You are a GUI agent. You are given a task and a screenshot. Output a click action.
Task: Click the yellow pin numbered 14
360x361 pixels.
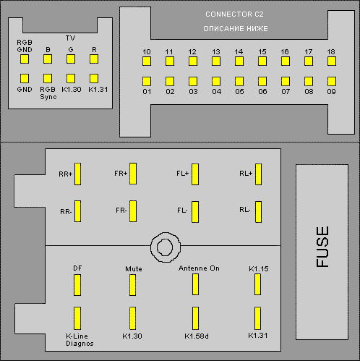point(239,61)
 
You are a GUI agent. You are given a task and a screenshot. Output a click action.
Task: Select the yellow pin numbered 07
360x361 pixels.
point(286,81)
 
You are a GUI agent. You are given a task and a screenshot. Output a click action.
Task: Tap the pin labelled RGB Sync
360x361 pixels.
point(48,78)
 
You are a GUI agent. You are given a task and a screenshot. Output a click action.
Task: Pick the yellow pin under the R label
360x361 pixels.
point(94,59)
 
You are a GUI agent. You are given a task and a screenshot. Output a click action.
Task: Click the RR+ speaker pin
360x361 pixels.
point(77,174)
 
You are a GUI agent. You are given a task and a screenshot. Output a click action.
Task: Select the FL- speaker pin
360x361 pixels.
point(195,212)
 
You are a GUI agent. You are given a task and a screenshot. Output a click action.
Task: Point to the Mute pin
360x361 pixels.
point(132,285)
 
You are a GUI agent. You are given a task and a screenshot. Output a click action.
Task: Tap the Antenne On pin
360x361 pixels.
point(195,284)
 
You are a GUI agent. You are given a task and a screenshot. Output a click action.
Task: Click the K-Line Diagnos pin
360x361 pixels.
point(77,318)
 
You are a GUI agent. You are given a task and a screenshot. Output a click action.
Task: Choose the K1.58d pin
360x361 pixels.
point(195,318)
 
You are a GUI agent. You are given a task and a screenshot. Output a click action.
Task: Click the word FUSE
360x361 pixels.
point(322,247)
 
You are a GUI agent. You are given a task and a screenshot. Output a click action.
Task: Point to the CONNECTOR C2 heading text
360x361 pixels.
point(234,14)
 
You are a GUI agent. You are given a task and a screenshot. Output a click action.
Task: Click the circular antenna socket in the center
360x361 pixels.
point(166,247)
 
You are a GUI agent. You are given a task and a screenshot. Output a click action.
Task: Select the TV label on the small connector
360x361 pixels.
point(70,38)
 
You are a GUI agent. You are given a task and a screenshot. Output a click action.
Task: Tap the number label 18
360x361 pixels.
point(331,51)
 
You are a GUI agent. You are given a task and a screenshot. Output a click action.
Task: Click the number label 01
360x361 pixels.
point(147,92)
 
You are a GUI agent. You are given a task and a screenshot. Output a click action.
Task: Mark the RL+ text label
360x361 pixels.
point(246,174)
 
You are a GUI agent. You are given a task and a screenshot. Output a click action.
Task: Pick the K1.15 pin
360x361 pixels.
point(257,284)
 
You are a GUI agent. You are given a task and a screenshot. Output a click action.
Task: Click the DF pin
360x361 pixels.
point(77,285)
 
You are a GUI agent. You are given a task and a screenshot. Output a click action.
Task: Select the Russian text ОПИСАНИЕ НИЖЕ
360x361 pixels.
point(236,29)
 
